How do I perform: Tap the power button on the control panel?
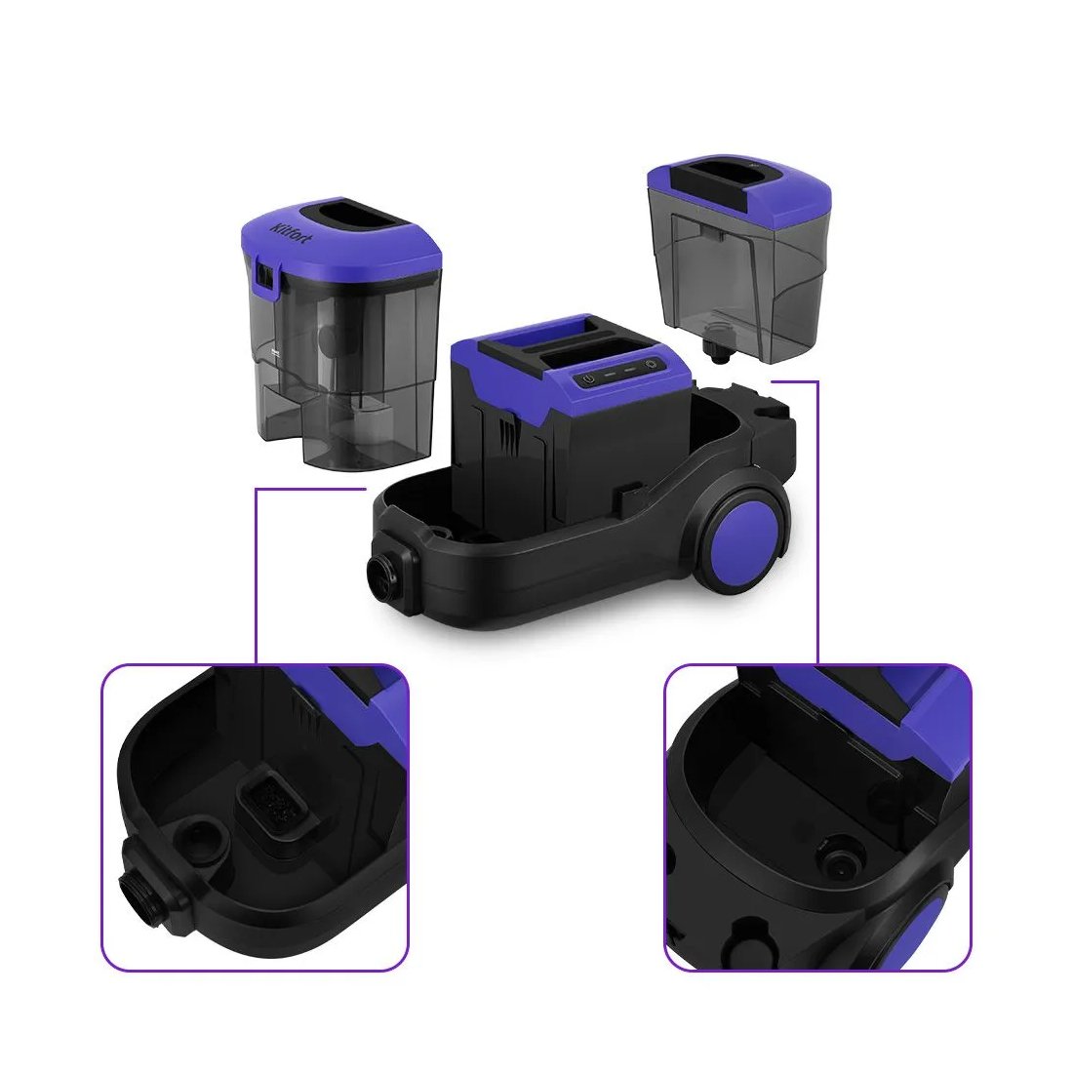pyautogui.click(x=588, y=378)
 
